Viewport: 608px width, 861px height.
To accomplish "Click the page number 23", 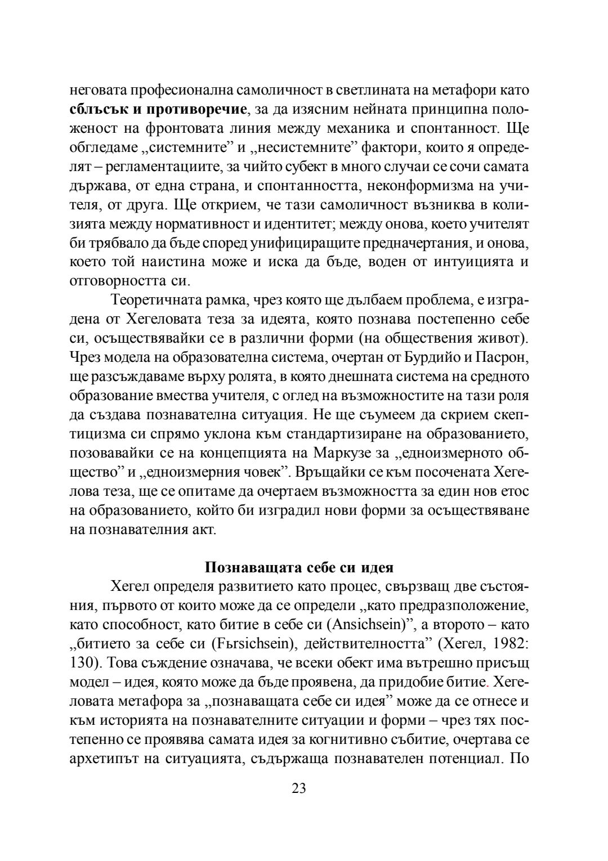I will click(299, 788).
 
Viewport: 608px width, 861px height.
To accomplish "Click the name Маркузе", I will click(341, 454).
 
